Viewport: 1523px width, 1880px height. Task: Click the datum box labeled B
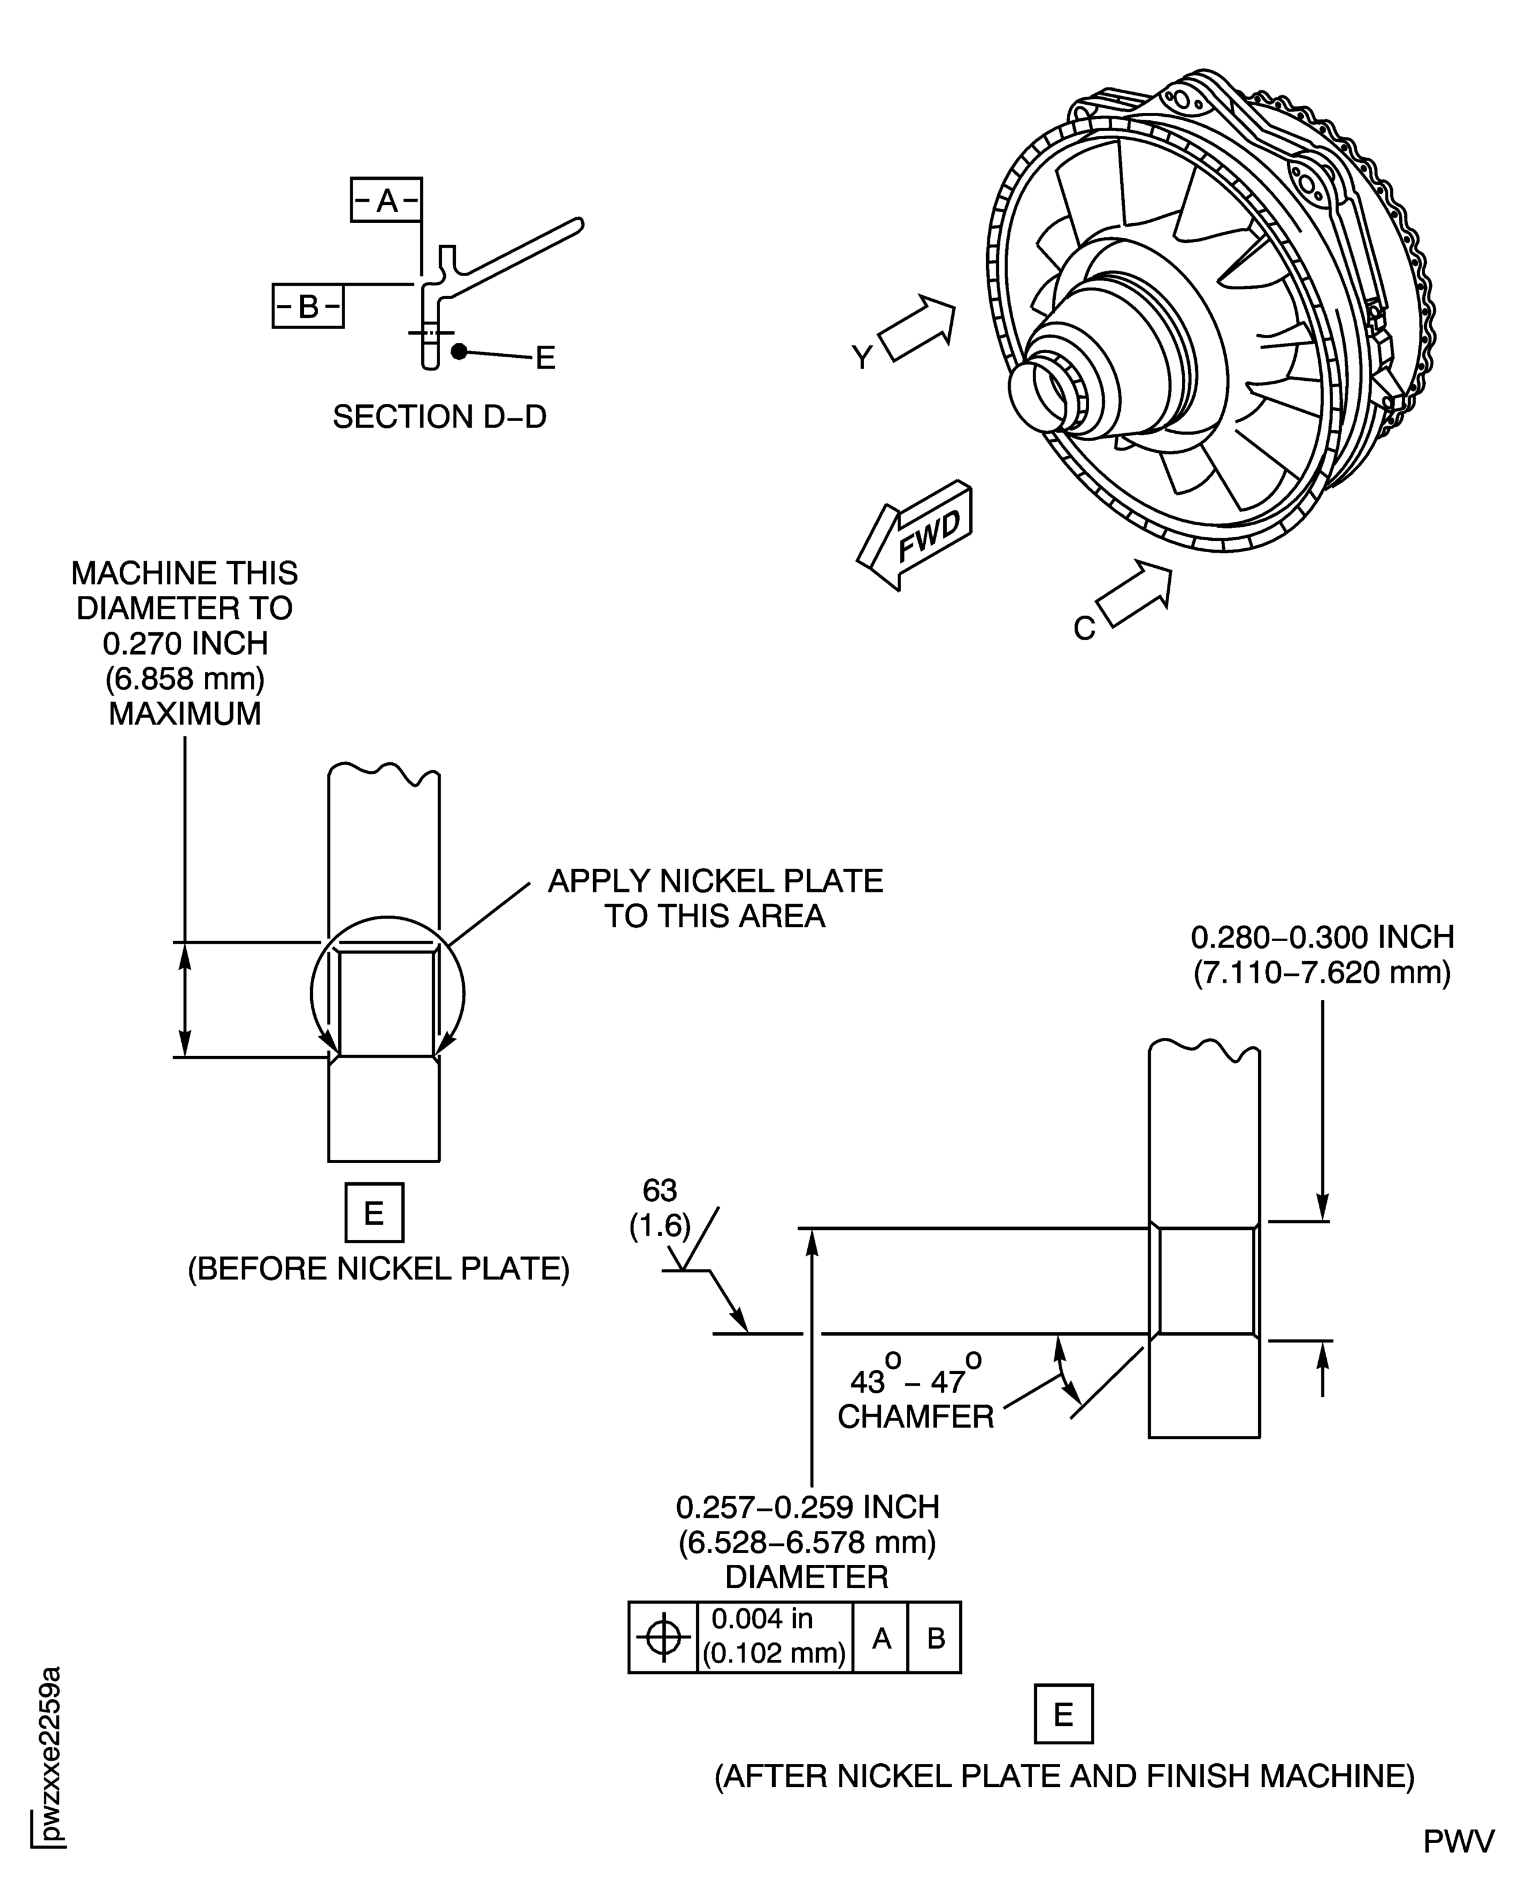[x=308, y=306]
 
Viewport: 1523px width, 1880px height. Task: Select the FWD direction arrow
[x=917, y=534]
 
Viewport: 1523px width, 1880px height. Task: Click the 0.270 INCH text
[x=185, y=643]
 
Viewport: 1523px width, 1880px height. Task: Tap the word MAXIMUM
[x=185, y=713]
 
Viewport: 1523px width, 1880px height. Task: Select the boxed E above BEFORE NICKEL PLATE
[x=375, y=1213]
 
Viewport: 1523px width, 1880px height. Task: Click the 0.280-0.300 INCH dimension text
[x=1322, y=937]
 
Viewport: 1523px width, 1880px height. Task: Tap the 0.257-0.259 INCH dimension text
[x=807, y=1507]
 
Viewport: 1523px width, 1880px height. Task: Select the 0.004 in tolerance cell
[x=774, y=1637]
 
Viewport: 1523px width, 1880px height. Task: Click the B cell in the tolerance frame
[x=935, y=1637]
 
